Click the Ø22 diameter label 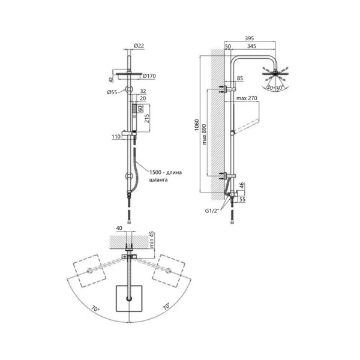(x=139, y=46)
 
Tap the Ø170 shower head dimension (x=149, y=76)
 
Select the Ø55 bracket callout (x=112, y=92)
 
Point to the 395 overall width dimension (x=249, y=38)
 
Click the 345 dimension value (x=251, y=46)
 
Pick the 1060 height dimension (x=197, y=125)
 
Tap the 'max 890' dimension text (x=204, y=134)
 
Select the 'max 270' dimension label (x=247, y=98)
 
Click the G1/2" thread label (x=212, y=211)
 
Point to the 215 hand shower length (x=147, y=118)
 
